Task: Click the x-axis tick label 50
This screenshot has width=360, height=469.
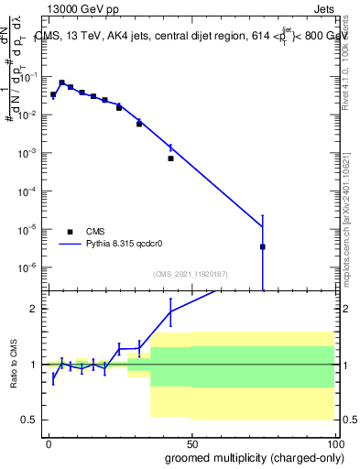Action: (x=191, y=441)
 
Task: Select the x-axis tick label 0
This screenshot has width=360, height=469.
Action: (x=49, y=441)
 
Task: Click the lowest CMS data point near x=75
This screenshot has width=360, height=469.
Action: (x=263, y=246)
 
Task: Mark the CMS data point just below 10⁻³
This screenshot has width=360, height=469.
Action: (x=170, y=158)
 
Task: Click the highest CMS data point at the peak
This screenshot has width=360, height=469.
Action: (x=61, y=82)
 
